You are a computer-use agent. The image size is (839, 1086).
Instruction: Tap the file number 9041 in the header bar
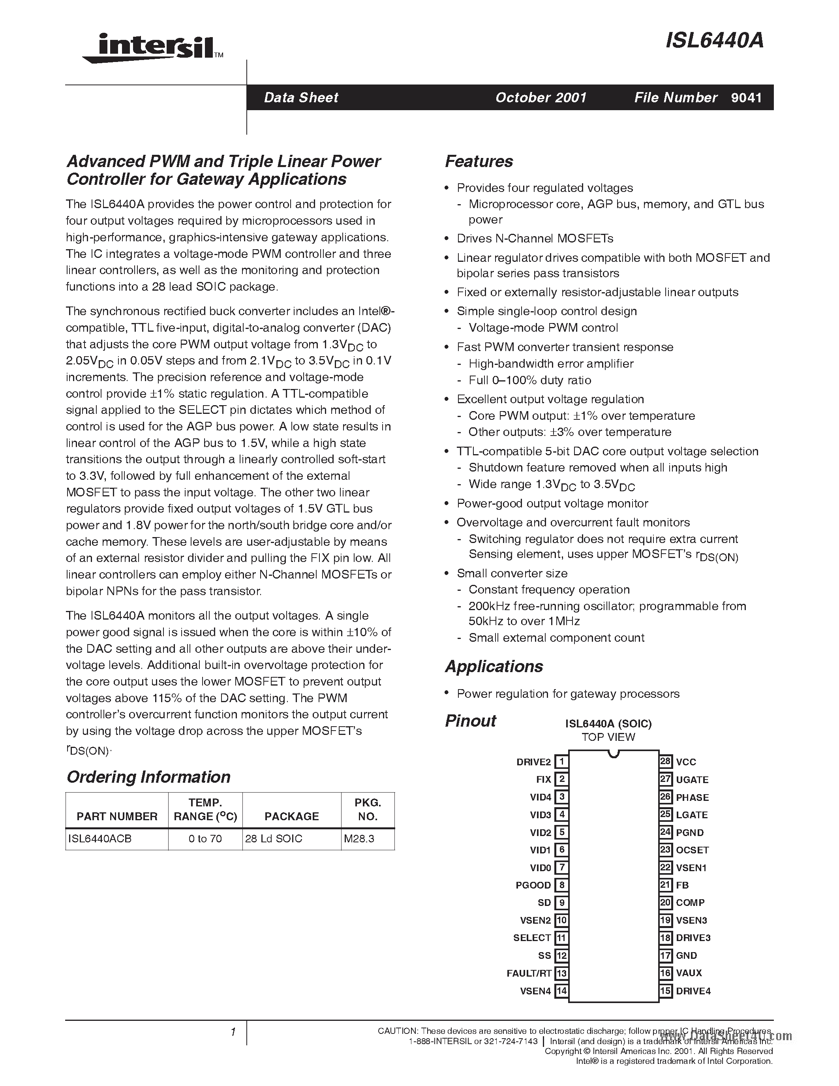coord(746,98)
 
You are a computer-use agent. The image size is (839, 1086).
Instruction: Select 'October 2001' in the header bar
coord(541,98)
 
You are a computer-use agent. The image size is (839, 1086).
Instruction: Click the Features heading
coord(479,161)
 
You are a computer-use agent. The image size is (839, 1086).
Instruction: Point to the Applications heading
coord(494,666)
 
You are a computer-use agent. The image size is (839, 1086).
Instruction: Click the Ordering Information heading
coord(148,777)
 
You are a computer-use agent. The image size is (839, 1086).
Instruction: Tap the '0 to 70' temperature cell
coord(205,839)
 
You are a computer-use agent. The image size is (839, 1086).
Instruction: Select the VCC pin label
coord(686,762)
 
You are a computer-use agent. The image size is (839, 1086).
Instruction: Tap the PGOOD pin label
coord(533,885)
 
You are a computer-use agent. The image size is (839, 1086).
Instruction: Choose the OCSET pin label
coord(692,850)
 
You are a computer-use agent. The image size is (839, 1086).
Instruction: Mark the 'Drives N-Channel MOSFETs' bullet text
coord(535,239)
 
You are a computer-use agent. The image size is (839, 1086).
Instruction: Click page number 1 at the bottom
coord(233,1032)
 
